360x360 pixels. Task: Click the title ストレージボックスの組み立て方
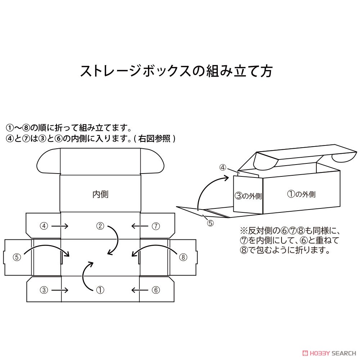point(176,71)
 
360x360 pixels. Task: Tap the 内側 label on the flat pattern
point(100,194)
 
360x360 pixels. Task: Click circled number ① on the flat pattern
point(100,290)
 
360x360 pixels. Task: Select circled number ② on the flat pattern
point(100,226)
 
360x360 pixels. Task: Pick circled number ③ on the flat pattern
point(44,290)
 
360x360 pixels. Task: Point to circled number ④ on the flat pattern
point(44,226)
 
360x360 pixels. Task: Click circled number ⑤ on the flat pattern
point(17,257)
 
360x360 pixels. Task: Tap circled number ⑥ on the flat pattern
point(156,290)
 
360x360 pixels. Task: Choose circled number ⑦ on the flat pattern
point(156,226)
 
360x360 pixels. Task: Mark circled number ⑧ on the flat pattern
point(183,257)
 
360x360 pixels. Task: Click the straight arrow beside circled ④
point(60,226)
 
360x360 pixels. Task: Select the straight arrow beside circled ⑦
point(140,226)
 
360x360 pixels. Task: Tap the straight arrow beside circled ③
point(60,290)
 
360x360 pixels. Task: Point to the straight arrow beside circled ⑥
point(140,290)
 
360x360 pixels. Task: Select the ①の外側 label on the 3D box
point(301,194)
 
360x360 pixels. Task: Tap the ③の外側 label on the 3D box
point(248,196)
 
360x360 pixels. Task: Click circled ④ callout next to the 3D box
point(223,168)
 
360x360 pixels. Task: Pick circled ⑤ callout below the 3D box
point(211,223)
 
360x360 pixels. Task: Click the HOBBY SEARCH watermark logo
point(329,353)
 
